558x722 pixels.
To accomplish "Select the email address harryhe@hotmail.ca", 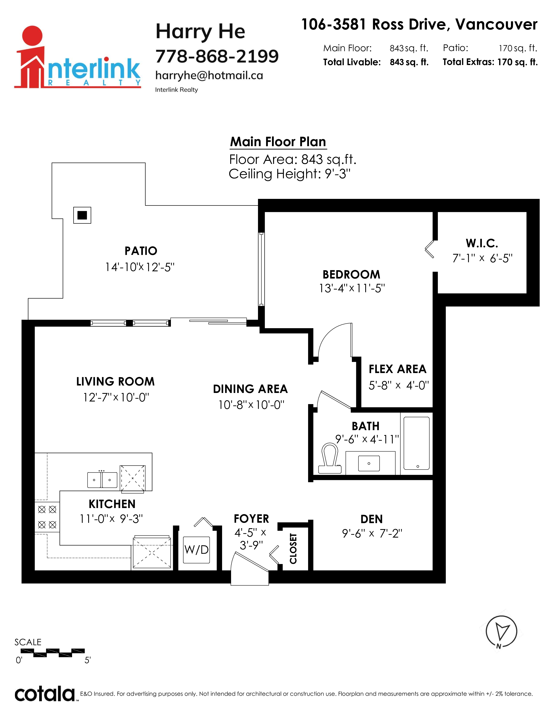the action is (x=209, y=76).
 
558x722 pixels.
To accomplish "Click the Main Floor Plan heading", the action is (x=278, y=142).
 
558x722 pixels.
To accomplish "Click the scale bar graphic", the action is (x=50, y=653).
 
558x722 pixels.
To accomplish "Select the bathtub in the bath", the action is (x=416, y=443).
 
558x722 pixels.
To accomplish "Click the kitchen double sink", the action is (x=102, y=480).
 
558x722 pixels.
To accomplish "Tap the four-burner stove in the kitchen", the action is (x=47, y=517).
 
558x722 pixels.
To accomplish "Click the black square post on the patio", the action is (x=82, y=215).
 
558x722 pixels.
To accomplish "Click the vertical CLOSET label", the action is (x=293, y=549).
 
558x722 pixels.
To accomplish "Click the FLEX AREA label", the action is (x=397, y=369).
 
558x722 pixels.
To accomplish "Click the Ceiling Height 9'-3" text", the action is (x=290, y=174).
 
